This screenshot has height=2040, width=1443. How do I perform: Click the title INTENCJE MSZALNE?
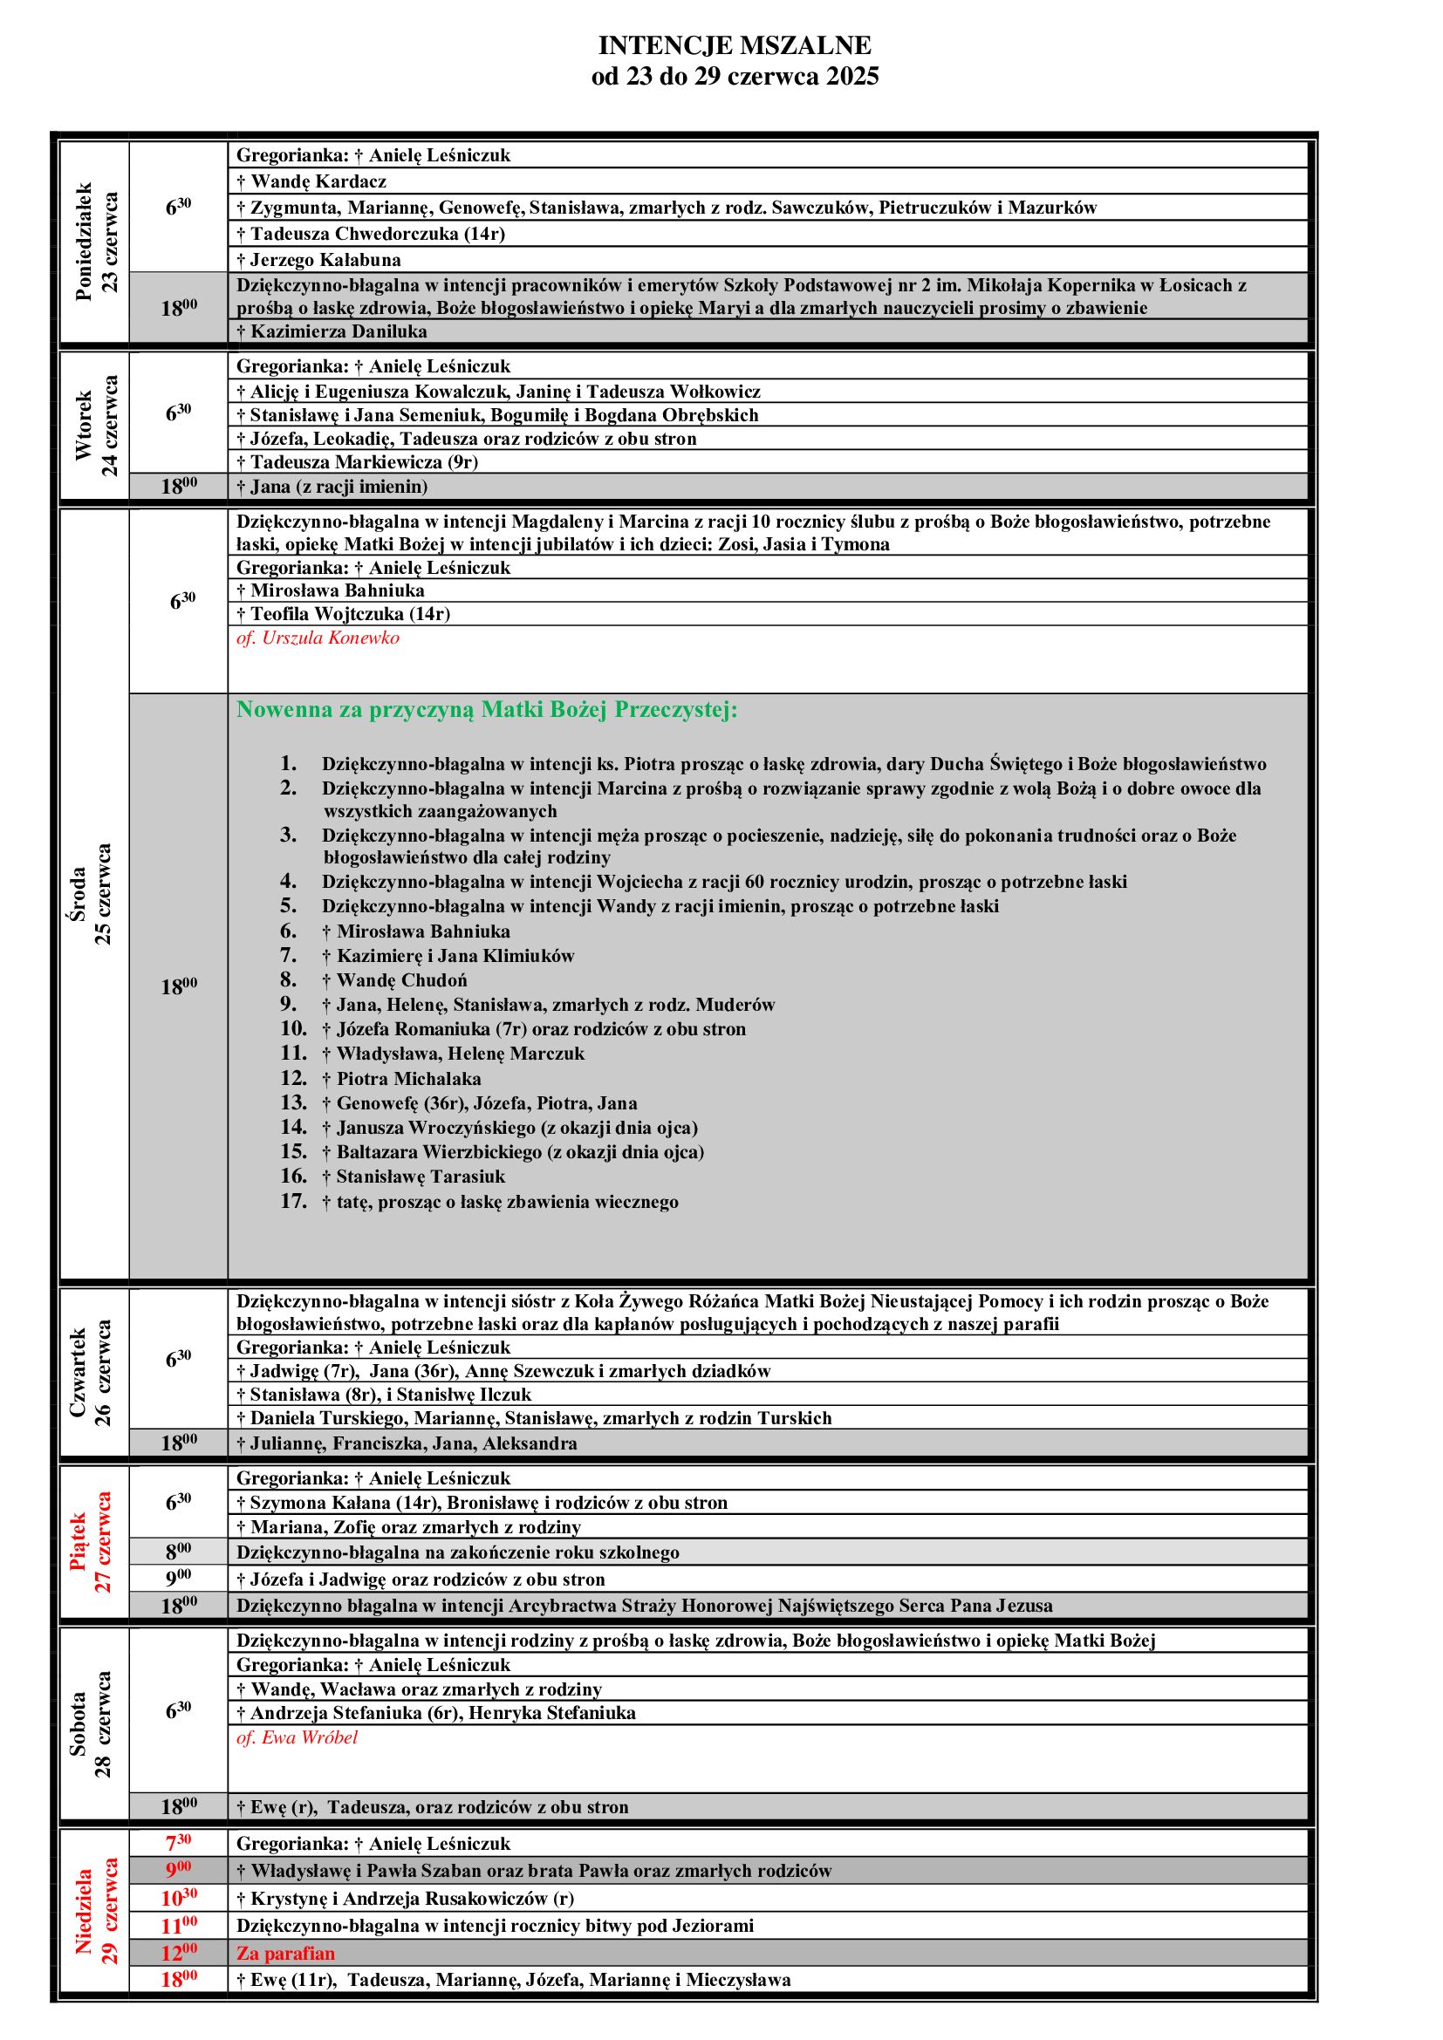click(x=735, y=45)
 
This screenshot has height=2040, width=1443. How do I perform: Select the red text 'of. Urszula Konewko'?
click(x=318, y=638)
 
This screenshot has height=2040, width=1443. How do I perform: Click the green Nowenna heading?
click(x=487, y=710)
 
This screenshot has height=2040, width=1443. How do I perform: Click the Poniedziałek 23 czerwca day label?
click(x=96, y=242)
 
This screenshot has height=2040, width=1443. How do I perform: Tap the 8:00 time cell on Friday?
click(x=178, y=1552)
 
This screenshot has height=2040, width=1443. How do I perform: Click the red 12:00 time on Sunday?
click(x=178, y=1952)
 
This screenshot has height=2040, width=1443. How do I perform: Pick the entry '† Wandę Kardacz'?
click(x=311, y=181)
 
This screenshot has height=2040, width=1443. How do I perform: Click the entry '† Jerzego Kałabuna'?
click(x=318, y=259)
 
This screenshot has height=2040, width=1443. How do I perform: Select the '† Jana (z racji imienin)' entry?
click(x=332, y=486)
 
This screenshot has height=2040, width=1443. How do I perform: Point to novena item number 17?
click(x=500, y=1202)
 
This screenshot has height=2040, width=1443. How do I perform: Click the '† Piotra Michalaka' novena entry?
click(x=407, y=1079)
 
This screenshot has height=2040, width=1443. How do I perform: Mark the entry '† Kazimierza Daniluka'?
click(x=332, y=331)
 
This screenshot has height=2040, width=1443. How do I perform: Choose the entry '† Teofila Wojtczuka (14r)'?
click(x=343, y=613)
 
